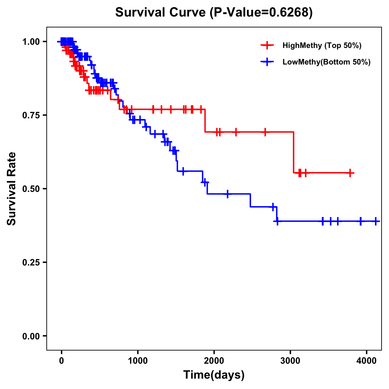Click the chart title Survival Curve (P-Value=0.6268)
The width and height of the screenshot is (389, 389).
[x=214, y=13]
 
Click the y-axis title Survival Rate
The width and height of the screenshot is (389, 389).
[x=12, y=188]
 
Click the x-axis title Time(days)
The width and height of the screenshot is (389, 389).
[x=214, y=375]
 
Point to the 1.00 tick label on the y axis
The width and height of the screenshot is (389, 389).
[x=31, y=42]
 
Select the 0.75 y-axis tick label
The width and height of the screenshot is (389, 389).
[x=31, y=115]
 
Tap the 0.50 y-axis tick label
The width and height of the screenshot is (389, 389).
[x=31, y=189]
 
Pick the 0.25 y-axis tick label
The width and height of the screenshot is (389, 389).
[x=31, y=263]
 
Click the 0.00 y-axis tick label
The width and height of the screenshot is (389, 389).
[x=31, y=336]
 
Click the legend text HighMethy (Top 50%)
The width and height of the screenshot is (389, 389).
[x=322, y=45]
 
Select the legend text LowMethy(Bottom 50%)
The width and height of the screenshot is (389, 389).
[x=326, y=62]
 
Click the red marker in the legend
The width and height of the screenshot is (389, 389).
[x=267, y=45]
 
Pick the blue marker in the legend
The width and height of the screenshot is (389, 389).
[x=267, y=62]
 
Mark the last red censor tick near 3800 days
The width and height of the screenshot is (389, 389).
[x=350, y=173]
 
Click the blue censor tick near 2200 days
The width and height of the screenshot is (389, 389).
[x=228, y=194]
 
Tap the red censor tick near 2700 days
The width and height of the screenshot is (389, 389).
[x=265, y=132]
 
